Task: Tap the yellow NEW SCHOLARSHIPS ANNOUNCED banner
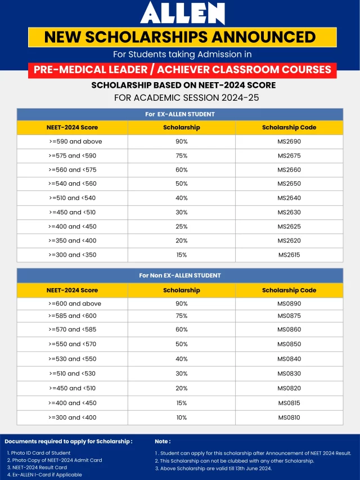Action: pyautogui.click(x=180, y=37)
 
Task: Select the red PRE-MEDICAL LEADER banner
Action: pyautogui.click(x=182, y=70)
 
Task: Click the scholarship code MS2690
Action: pyautogui.click(x=289, y=141)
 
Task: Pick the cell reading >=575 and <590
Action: pyautogui.click(x=73, y=156)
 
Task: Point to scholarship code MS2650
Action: pyautogui.click(x=289, y=184)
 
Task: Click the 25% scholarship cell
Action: pyautogui.click(x=181, y=226)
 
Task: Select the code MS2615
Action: pyautogui.click(x=289, y=255)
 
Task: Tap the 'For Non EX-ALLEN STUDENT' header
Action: pyautogui.click(x=180, y=275)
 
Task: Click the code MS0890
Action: pyautogui.click(x=289, y=303)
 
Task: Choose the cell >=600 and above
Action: pyautogui.click(x=75, y=303)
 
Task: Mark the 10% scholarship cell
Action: pyautogui.click(x=181, y=418)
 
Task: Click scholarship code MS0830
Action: pyautogui.click(x=289, y=374)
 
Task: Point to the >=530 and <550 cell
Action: pyautogui.click(x=73, y=359)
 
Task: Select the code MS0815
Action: pyautogui.click(x=289, y=403)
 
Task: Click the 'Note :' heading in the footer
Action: pyautogui.click(x=163, y=442)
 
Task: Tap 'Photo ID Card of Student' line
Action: pyautogui.click(x=39, y=453)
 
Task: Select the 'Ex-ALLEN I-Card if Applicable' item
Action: pyautogui.click(x=44, y=474)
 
